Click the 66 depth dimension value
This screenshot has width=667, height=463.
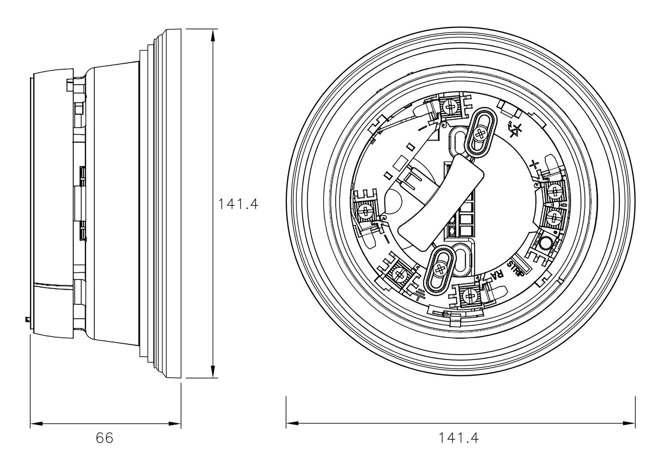tap(105, 438)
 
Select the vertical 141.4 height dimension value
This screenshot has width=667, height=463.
tap(238, 204)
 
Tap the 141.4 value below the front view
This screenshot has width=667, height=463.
tap(459, 438)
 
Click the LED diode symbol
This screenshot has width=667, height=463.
tap(515, 130)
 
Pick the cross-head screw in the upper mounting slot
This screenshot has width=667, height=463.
tap(480, 134)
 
